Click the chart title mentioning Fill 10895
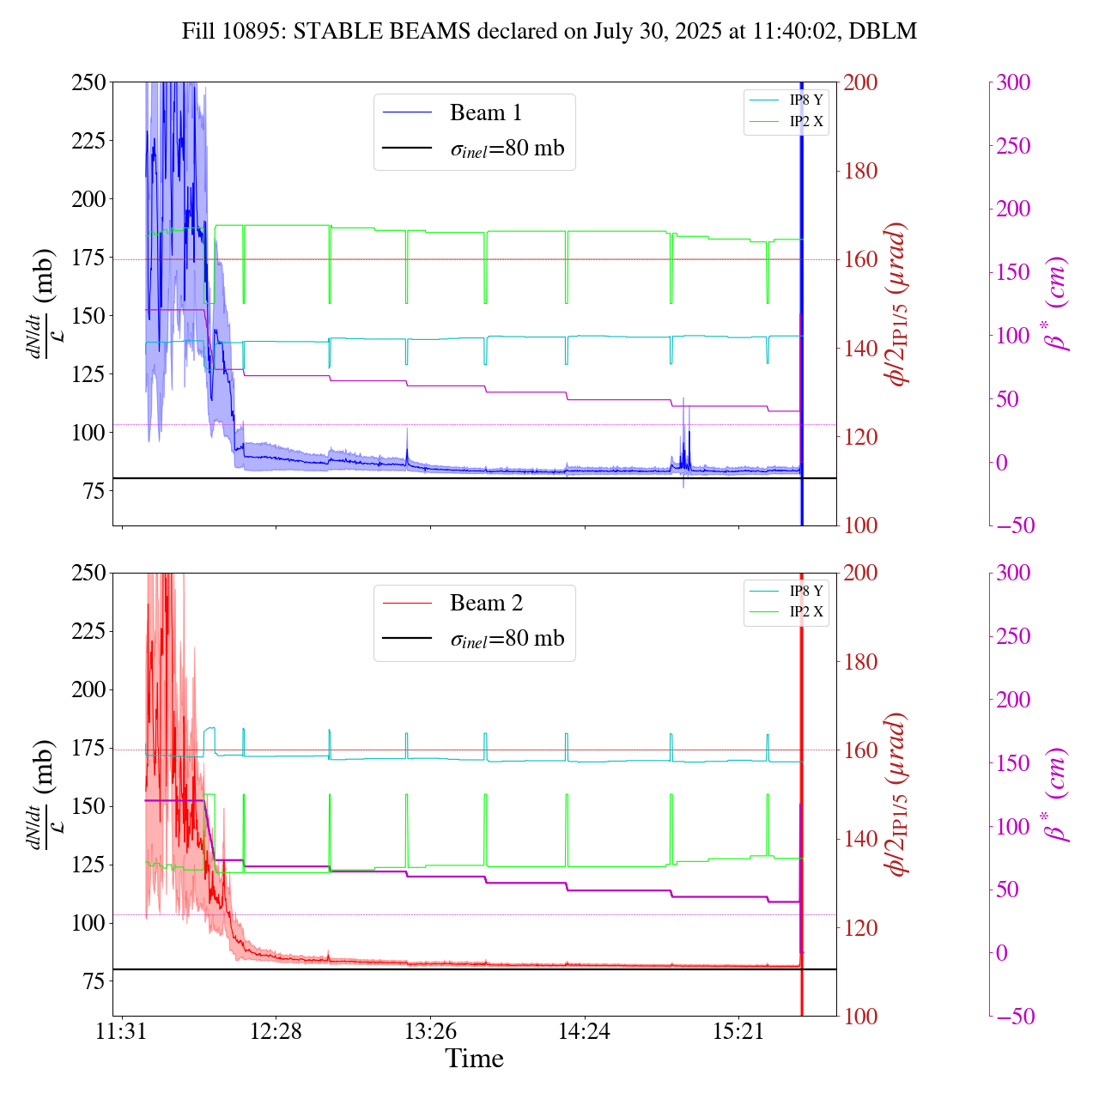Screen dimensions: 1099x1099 point(549,32)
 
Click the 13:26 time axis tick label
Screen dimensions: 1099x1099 point(430,1030)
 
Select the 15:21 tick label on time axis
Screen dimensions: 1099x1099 point(738,1030)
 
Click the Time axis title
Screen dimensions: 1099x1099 point(474,1059)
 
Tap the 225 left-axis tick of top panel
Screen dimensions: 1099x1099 point(89,140)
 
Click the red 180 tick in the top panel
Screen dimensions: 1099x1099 point(860,171)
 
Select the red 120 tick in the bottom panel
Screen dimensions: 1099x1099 point(860,927)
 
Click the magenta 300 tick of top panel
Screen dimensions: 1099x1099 point(1013,82)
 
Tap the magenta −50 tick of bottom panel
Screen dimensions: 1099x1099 point(1013,1017)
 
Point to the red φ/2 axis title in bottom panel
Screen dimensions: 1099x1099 point(898,794)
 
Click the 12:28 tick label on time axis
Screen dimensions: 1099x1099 point(276,1030)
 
